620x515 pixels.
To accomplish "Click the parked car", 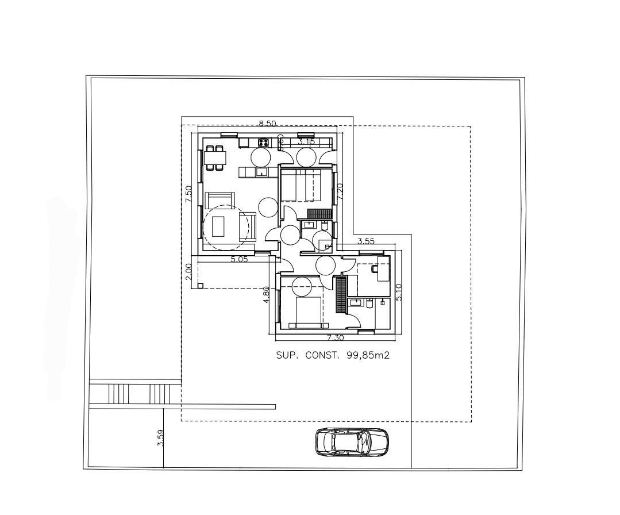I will (x=352, y=442).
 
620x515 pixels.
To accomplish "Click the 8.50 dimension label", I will (x=267, y=123).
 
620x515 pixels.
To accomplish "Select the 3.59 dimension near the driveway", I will (x=160, y=438).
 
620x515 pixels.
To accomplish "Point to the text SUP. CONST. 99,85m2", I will (x=333, y=356).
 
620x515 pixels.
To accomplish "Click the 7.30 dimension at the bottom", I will (x=336, y=338).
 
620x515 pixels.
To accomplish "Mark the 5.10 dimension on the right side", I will (x=400, y=293).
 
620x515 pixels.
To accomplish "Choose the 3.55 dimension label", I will (x=366, y=241).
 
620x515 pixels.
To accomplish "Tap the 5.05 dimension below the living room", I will (x=239, y=259).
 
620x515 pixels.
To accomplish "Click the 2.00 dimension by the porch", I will (x=188, y=271).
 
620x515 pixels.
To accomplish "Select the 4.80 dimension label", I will (x=266, y=294).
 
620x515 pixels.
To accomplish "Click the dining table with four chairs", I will (x=215, y=157).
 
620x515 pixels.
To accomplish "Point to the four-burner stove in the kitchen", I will (x=264, y=142).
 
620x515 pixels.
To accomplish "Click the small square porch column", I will (x=200, y=285).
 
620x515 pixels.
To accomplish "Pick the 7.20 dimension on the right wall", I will (x=339, y=191).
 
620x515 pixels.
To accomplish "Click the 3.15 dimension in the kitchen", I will (x=306, y=141).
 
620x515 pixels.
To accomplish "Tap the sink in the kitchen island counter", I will (x=261, y=172).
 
